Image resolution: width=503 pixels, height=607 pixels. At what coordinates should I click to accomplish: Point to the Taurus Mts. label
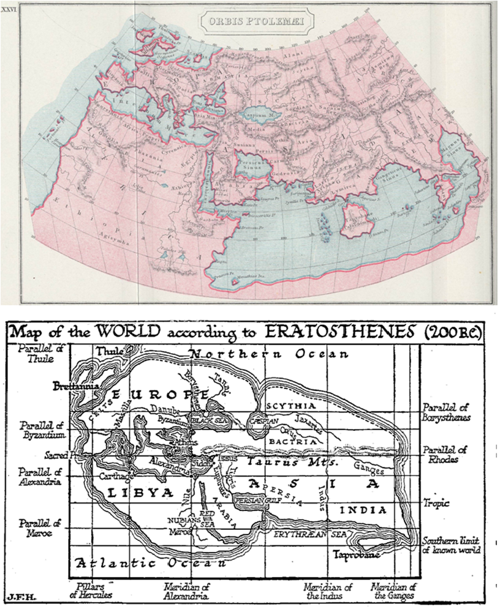click(297, 463)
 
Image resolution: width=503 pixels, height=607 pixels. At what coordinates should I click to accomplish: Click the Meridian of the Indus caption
click(328, 592)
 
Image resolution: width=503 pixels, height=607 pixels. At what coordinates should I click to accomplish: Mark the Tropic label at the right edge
click(436, 503)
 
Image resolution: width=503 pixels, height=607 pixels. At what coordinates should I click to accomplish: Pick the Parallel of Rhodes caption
click(444, 455)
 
